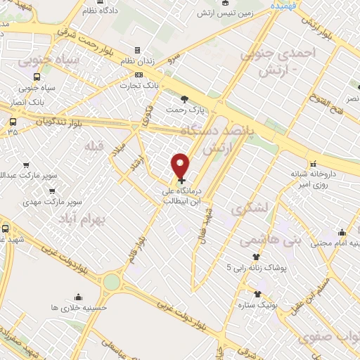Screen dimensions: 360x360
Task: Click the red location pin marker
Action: point(181,166)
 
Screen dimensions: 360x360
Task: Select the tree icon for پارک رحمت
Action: point(184,98)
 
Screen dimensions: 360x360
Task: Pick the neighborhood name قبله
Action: point(93,146)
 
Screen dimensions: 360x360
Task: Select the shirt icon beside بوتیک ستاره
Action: point(258,293)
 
